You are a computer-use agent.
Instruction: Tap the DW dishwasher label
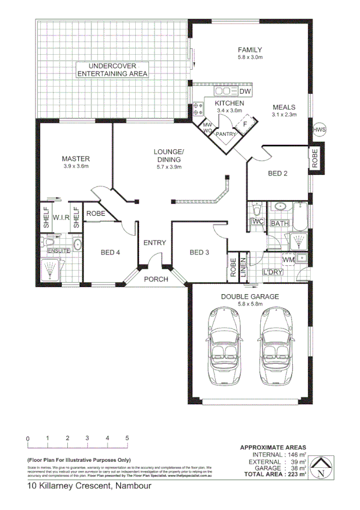pos(244,91)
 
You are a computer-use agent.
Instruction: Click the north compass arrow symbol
pos(323,467)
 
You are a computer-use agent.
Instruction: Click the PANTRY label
pos(226,134)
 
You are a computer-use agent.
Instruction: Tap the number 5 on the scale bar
pos(127,438)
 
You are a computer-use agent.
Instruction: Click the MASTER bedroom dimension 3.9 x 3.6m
pos(76,166)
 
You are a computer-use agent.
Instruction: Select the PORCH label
pos(155,279)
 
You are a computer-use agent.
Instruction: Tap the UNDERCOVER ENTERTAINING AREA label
pos(112,69)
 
